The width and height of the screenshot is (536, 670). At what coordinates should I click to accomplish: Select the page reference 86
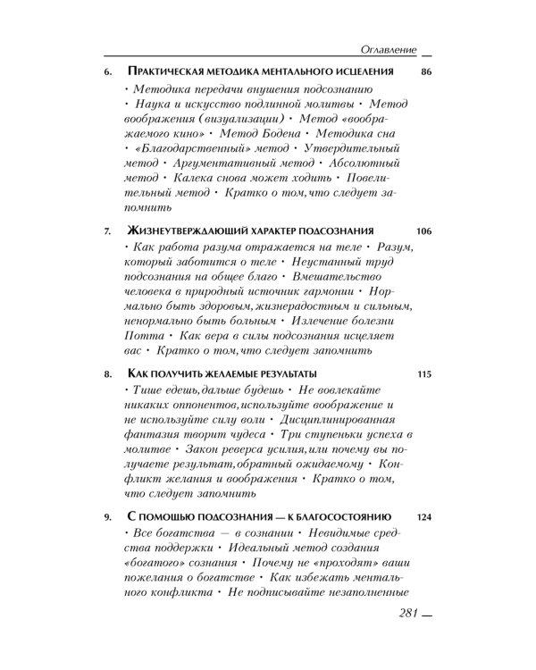coord(424,71)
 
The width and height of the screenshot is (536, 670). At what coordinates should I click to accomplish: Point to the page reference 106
coord(423,230)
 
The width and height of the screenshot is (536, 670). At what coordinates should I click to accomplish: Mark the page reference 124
coord(423,516)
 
